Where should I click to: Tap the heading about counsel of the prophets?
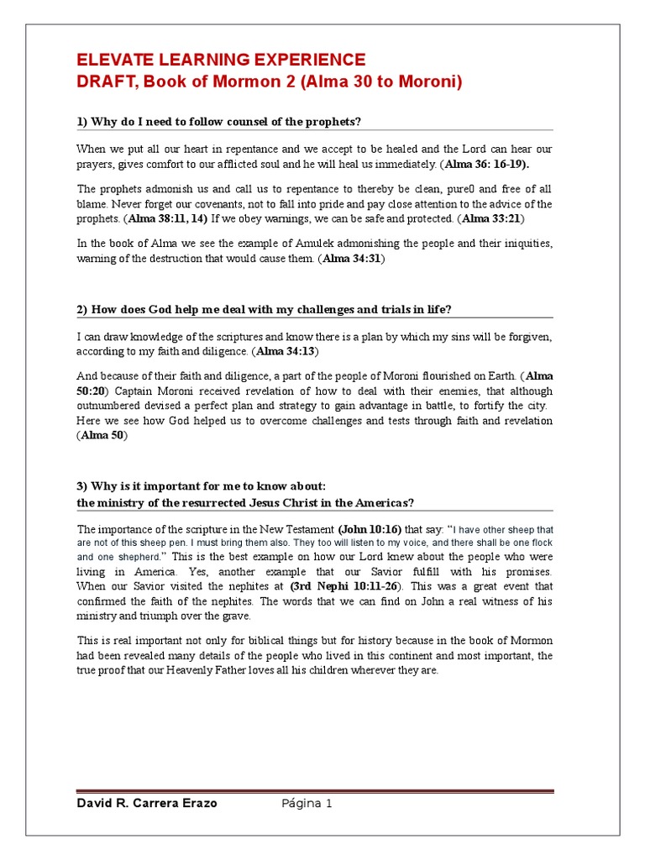(x=218, y=122)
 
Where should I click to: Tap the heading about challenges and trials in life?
(x=264, y=309)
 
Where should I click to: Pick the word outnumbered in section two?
(x=109, y=406)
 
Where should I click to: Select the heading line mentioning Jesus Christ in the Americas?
(x=245, y=503)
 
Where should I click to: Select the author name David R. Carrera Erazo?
(x=147, y=804)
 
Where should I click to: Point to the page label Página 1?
(x=307, y=804)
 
